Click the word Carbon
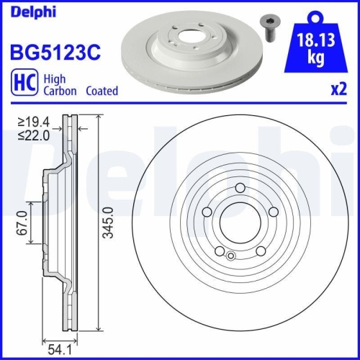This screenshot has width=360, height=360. point(60,91)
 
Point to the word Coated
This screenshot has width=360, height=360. point(102,91)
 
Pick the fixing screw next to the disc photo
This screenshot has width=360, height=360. point(270,29)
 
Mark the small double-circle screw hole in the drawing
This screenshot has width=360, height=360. point(230,255)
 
